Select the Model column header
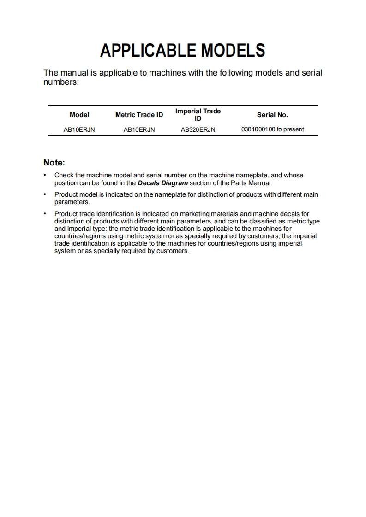click(79, 115)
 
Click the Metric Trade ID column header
click(139, 115)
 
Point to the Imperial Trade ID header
click(198, 115)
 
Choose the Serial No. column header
click(272, 115)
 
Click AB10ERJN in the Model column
click(79, 129)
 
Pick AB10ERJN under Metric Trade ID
click(139, 129)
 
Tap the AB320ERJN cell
click(198, 129)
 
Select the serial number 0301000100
click(258, 129)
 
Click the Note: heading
click(54, 163)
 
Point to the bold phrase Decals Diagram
click(162, 183)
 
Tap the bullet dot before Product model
click(45, 194)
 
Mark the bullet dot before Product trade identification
click(45, 214)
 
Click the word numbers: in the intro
click(61, 82)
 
